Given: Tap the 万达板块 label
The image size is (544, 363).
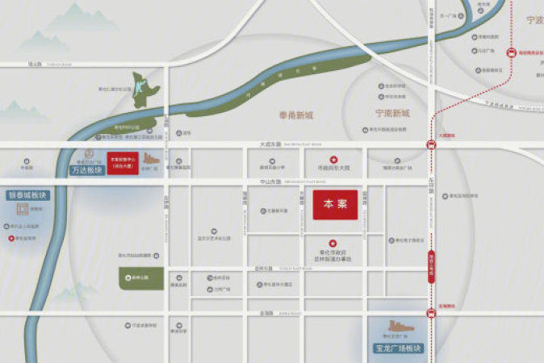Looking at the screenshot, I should (87, 170).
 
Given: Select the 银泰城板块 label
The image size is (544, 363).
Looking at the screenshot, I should (28, 195).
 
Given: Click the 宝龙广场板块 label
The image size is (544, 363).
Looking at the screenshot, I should (398, 348).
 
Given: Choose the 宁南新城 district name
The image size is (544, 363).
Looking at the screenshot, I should (392, 114).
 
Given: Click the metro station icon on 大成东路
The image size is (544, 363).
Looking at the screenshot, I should (432, 145).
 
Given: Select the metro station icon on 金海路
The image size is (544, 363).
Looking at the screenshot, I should (432, 313).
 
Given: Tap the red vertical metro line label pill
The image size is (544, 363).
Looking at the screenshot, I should (432, 266).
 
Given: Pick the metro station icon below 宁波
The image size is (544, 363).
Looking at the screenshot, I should (511, 53).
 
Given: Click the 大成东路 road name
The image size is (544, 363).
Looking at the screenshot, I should (269, 145).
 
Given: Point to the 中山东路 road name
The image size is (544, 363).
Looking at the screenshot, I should (269, 181).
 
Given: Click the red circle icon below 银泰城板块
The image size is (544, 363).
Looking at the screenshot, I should (10, 239).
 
